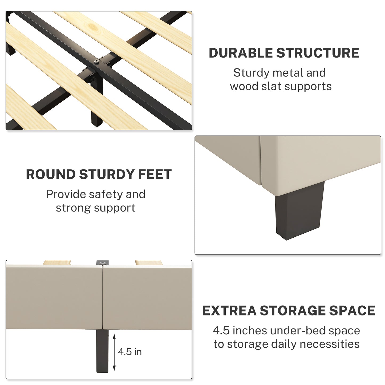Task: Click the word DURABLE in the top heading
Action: click(241, 53)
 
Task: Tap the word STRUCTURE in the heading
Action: click(318, 53)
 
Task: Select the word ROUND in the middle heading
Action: click(51, 175)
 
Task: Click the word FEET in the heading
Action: click(155, 175)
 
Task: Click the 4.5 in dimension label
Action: click(130, 352)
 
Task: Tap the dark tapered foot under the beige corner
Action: click(299, 211)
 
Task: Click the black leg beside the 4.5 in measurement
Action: click(102, 351)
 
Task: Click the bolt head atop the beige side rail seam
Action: click(103, 263)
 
